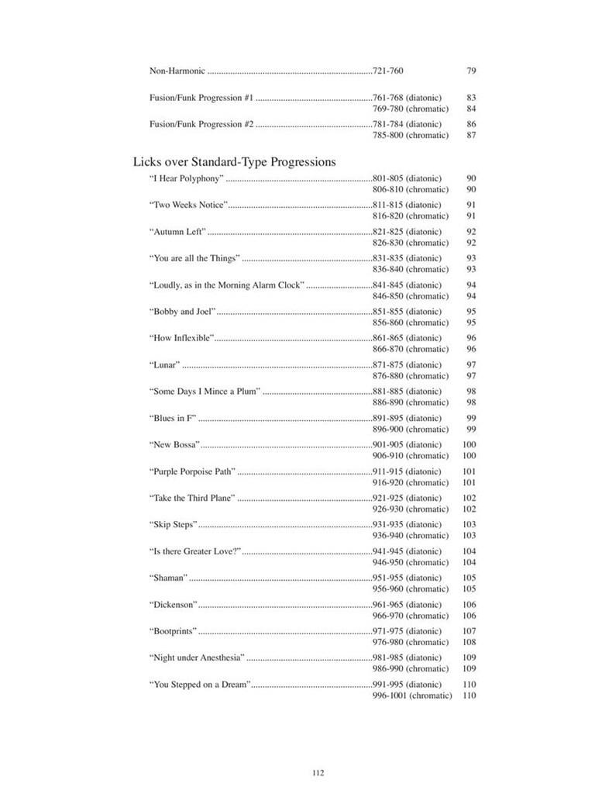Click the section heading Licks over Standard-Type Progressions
click(x=234, y=162)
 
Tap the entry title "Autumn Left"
click(x=177, y=232)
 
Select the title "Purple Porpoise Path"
click(x=192, y=471)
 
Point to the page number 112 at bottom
click(x=318, y=772)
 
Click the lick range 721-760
click(x=388, y=71)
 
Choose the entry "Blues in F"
click(x=173, y=418)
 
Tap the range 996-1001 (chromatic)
click(x=412, y=696)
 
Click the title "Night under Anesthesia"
click(x=197, y=658)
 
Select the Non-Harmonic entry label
click(x=177, y=71)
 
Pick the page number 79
click(x=471, y=71)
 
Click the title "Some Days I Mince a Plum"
click(x=205, y=392)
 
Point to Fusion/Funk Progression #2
click(x=201, y=124)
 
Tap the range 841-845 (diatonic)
click(x=407, y=285)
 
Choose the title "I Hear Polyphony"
click(x=187, y=178)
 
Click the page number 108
click(x=469, y=642)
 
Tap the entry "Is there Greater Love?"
click(x=195, y=551)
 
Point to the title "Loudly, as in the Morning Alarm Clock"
click(x=227, y=285)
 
